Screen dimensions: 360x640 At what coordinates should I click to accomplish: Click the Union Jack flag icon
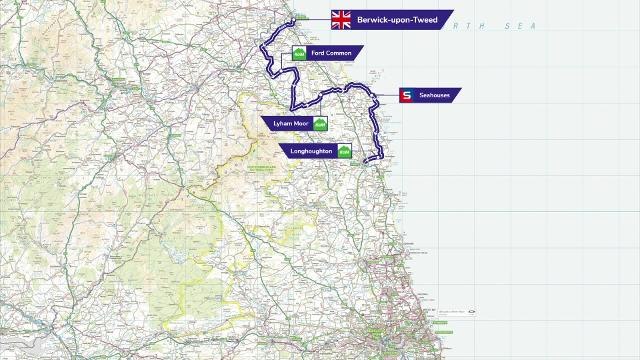click(341, 20)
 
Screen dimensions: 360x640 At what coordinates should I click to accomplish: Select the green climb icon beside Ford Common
click(299, 53)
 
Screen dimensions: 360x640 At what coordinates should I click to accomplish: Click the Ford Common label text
click(330, 53)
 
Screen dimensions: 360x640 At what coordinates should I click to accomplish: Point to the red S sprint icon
click(407, 95)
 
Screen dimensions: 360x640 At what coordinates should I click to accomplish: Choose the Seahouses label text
click(434, 95)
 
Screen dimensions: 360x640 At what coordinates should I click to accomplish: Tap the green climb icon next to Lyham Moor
click(320, 124)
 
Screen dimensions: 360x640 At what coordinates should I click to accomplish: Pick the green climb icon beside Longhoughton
click(344, 151)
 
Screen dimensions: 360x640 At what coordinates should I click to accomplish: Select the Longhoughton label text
click(311, 151)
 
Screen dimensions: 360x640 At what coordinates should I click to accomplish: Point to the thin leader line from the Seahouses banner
click(387, 95)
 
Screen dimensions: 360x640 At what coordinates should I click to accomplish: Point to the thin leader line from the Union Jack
click(316, 19)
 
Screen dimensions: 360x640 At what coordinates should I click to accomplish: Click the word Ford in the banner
click(317, 53)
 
